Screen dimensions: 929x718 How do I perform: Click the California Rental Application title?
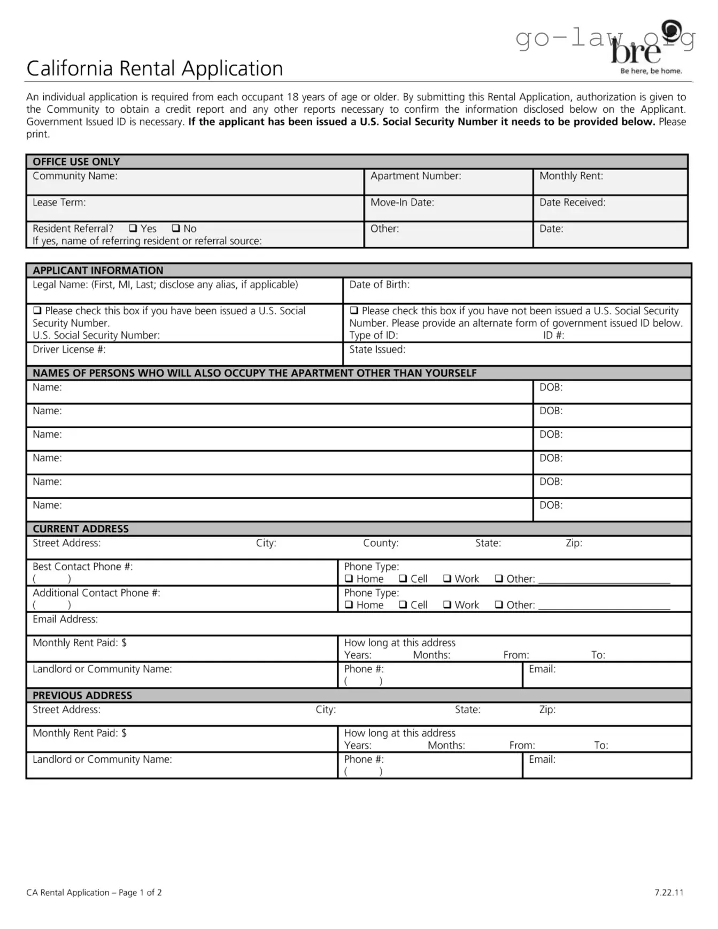coord(155,68)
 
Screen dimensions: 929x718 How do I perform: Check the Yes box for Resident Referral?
coord(133,228)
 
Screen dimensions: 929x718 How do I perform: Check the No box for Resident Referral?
coord(176,228)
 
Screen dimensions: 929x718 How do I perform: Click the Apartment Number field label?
coord(415,176)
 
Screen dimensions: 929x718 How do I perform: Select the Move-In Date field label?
coord(402,203)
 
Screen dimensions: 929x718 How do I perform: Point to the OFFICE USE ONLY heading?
coord(76,161)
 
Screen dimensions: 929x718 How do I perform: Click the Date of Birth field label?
coord(379,285)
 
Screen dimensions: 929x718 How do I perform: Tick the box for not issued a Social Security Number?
coord(354,311)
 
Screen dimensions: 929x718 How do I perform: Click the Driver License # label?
coord(69,350)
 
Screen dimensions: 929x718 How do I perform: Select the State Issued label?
coord(377,350)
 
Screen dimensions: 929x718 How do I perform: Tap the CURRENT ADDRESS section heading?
coord(80,529)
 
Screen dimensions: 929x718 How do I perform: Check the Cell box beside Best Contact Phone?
coord(404,579)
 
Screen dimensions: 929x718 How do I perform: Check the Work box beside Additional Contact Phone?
coord(447,605)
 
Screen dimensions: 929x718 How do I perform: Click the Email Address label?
coord(65,620)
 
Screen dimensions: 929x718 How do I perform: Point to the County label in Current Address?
coord(381,543)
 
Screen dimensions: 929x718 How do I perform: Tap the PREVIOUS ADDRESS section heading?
coord(82,695)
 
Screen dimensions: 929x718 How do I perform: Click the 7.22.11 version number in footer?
coord(669,893)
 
